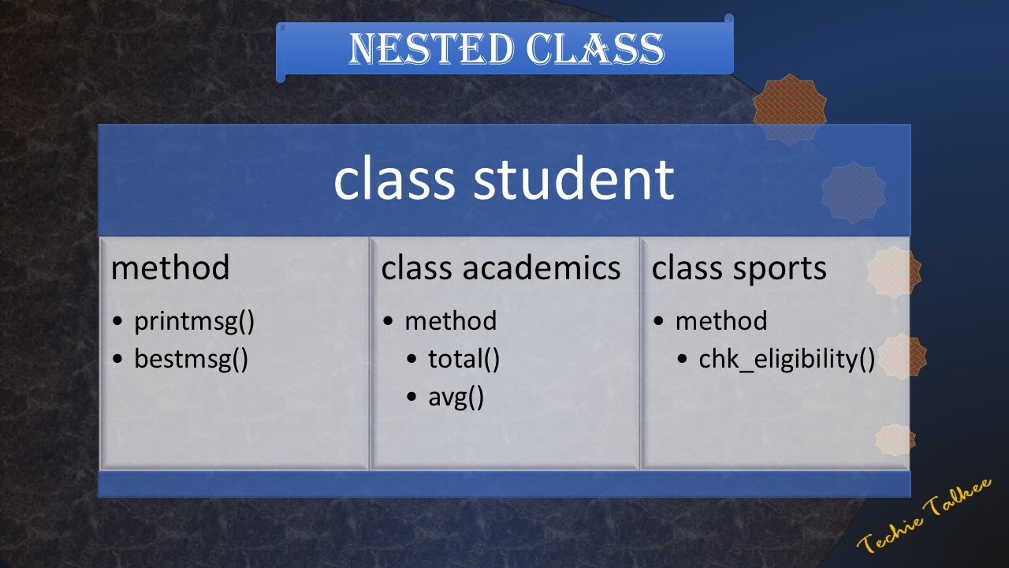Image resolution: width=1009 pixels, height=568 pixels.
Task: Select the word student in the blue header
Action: [573, 179]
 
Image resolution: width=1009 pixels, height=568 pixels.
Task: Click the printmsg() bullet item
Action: [194, 321]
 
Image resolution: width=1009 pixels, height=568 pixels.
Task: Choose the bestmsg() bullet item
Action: [191, 359]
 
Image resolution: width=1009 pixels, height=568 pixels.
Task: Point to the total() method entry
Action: [464, 359]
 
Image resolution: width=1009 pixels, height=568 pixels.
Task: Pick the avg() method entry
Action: [456, 397]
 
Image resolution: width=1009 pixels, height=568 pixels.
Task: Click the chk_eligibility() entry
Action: [787, 360]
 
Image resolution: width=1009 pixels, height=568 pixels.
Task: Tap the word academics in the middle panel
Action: [542, 268]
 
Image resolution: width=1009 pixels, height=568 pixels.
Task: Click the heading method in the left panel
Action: [169, 268]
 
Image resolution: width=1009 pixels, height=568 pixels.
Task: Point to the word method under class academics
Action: [450, 321]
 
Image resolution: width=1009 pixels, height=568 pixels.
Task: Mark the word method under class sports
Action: [720, 321]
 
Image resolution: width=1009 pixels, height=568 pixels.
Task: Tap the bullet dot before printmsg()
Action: [118, 322]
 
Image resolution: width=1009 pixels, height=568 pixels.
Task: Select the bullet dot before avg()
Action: [412, 398]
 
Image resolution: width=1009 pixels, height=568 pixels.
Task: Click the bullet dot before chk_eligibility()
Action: [683, 360]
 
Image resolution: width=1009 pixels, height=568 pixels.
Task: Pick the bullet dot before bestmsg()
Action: [118, 360]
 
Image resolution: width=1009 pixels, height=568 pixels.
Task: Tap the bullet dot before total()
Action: [412, 360]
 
